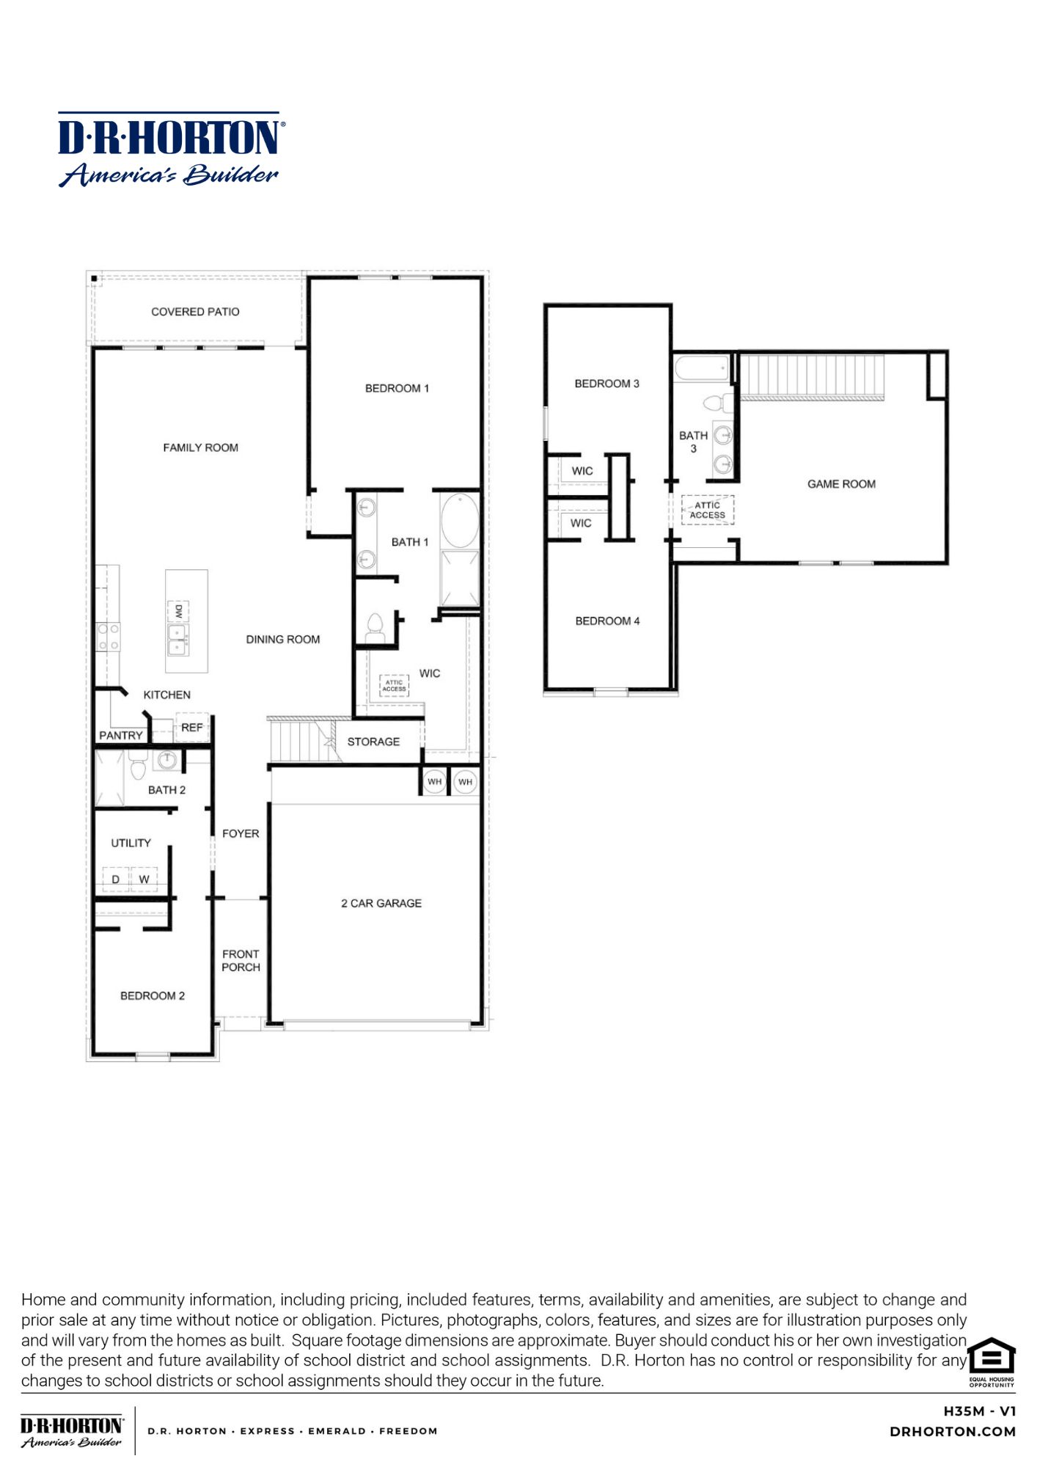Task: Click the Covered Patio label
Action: coord(195,312)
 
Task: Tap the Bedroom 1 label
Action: coord(397,388)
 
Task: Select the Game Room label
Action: coord(841,484)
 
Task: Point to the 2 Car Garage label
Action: coord(381,903)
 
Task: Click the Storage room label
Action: coord(373,742)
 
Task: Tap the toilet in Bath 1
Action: coord(375,627)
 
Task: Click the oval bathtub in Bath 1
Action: coord(460,520)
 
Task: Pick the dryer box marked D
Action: coord(116,879)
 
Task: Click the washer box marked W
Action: coord(144,879)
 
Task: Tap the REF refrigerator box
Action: coord(192,728)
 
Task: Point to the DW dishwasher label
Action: coord(178,611)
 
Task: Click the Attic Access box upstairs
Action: coord(708,510)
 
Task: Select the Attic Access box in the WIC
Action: coord(394,686)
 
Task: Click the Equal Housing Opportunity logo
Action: coord(992,1362)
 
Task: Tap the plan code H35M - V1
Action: coord(980,1411)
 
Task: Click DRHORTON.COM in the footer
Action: coord(953,1431)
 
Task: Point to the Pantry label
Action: coord(121,735)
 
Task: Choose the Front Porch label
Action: coord(241,960)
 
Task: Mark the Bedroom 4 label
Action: coord(607,621)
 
